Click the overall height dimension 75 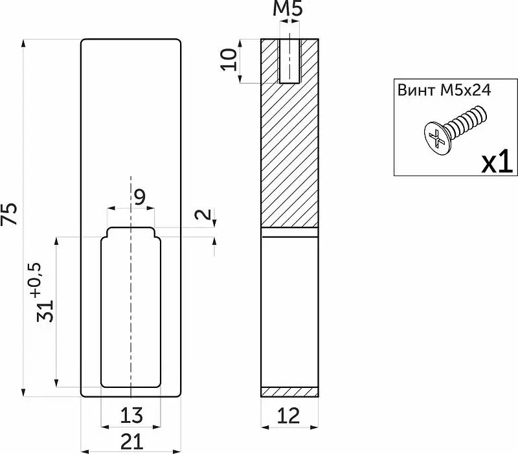click(x=9, y=214)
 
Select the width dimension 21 click(x=132, y=442)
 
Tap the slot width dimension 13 click(x=131, y=415)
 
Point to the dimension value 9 click(x=141, y=198)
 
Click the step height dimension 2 click(x=203, y=215)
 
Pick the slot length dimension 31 click(x=45, y=311)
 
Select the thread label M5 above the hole click(x=287, y=8)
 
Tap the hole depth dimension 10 click(x=229, y=60)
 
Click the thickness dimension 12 click(x=289, y=416)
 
